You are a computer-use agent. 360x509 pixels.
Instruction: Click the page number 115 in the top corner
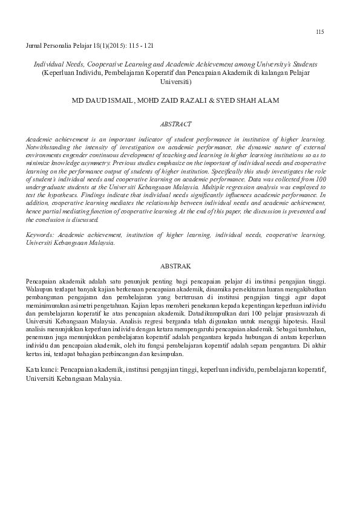320,31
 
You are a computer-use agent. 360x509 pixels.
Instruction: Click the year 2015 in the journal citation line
104,45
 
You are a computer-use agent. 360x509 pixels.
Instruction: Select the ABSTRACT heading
176,124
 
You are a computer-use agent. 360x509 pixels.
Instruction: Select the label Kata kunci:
42,368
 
